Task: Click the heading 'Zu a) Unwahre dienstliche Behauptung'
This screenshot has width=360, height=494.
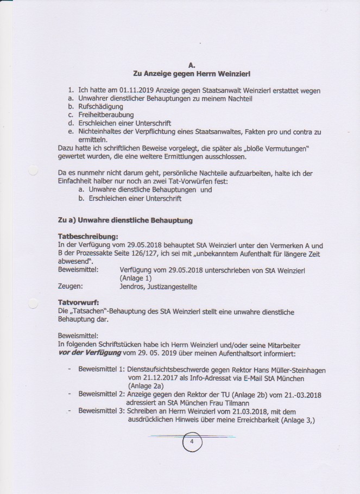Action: point(125,220)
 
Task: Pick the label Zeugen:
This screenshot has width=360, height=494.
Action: point(70,286)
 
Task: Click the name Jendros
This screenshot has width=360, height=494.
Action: point(132,286)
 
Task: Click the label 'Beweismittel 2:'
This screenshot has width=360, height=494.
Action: point(102,395)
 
